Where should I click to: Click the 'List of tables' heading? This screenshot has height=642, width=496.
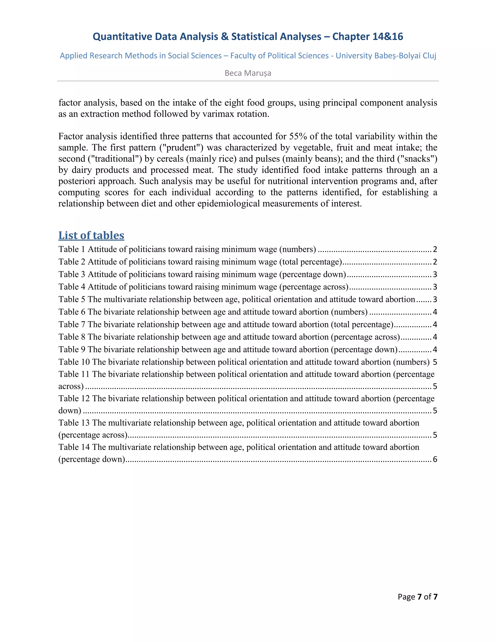pos(91,235)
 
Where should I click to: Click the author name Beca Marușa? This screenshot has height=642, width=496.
pos(248,73)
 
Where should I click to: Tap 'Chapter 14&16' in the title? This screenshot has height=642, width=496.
pos(368,36)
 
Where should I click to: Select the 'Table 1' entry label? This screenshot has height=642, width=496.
pos(72,249)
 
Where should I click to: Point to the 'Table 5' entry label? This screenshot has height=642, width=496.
pos(72,299)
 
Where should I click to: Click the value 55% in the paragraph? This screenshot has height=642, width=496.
pos(298,136)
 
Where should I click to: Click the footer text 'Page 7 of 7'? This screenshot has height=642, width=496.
pos(417,597)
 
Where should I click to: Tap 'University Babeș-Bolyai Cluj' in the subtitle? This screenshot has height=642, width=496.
pos(386,55)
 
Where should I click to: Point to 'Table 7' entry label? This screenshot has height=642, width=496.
pos(72,325)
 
